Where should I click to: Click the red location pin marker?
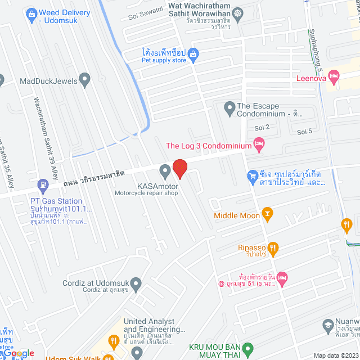[x=179, y=169]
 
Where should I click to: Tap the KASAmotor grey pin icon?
[x=165, y=170]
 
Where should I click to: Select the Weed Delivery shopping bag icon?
[x=31, y=12]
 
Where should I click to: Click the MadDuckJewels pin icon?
[x=85, y=80]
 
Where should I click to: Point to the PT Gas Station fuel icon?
[x=42, y=184]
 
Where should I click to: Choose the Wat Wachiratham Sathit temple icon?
[x=238, y=12]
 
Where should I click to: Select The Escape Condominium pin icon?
[x=229, y=106]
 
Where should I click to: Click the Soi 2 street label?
[x=262, y=128]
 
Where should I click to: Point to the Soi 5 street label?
[x=304, y=132]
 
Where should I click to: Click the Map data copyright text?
[x=336, y=355]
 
